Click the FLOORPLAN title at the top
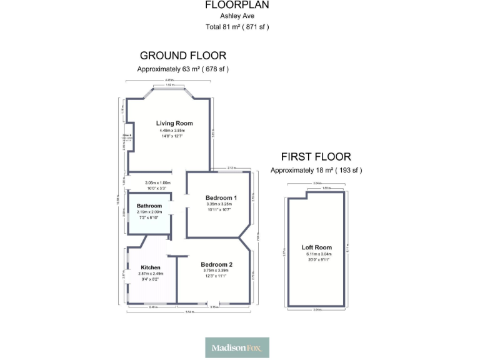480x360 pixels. [237, 5]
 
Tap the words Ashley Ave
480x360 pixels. [237, 16]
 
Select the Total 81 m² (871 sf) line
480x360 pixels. [237, 27]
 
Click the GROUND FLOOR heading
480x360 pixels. [182, 56]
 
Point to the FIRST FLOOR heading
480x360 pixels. [316, 157]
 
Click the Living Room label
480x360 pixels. [174, 123]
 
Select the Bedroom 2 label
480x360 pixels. [216, 264]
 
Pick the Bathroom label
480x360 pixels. [149, 206]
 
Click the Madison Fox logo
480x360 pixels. [237, 347]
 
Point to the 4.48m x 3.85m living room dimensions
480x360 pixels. [174, 131]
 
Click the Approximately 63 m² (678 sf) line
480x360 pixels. [182, 69]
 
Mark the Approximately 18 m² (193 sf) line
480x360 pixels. [316, 170]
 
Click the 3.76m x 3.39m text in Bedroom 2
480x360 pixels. [216, 271]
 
